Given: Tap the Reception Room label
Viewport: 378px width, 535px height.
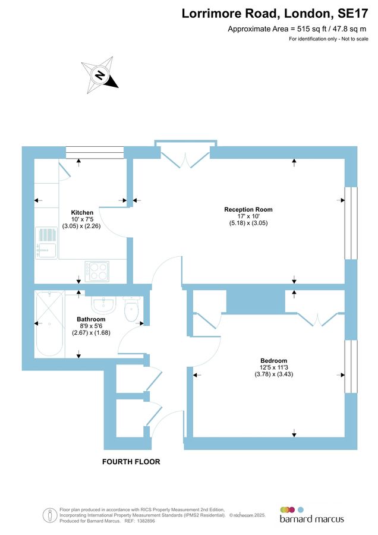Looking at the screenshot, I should (248, 209).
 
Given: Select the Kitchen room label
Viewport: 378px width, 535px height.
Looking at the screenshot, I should (82, 212).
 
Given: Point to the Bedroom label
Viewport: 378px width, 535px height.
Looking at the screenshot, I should (273, 361).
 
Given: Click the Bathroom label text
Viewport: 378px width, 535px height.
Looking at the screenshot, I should (91, 319).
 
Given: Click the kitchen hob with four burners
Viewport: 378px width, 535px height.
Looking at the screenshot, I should (97, 272).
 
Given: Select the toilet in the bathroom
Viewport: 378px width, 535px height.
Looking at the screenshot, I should (131, 308).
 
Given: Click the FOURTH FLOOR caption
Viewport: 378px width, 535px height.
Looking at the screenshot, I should (131, 462).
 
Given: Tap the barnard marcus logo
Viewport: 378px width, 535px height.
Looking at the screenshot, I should (311, 515).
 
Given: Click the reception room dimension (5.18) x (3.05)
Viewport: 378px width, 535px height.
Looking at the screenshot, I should (248, 223).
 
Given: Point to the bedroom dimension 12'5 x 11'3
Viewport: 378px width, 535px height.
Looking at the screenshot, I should (273, 368).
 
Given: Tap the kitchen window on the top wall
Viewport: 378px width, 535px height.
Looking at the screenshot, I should (95, 153).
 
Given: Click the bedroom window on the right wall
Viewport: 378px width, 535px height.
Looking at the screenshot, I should (352, 366).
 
